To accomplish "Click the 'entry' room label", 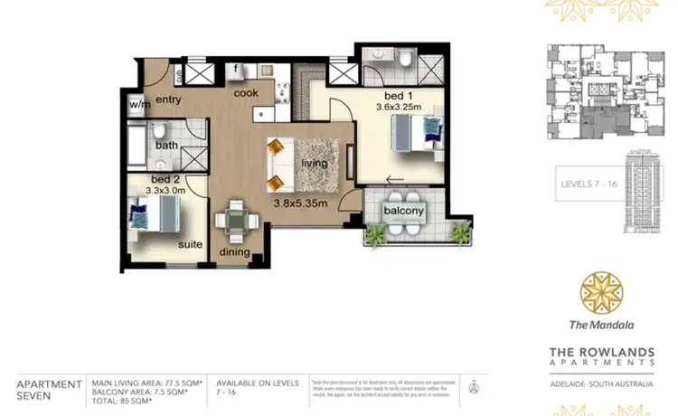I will point(169,99).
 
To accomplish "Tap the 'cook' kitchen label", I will point(247,92).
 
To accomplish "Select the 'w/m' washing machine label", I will point(139,104).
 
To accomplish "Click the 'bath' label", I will point(166,145).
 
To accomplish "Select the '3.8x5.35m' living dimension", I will point(299,204).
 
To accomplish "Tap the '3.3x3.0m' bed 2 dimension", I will point(165,191).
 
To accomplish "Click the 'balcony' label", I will point(403,211).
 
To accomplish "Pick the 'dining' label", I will point(234,253).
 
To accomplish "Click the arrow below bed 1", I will point(395,179).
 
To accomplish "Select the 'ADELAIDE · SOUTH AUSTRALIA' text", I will point(601,383).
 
